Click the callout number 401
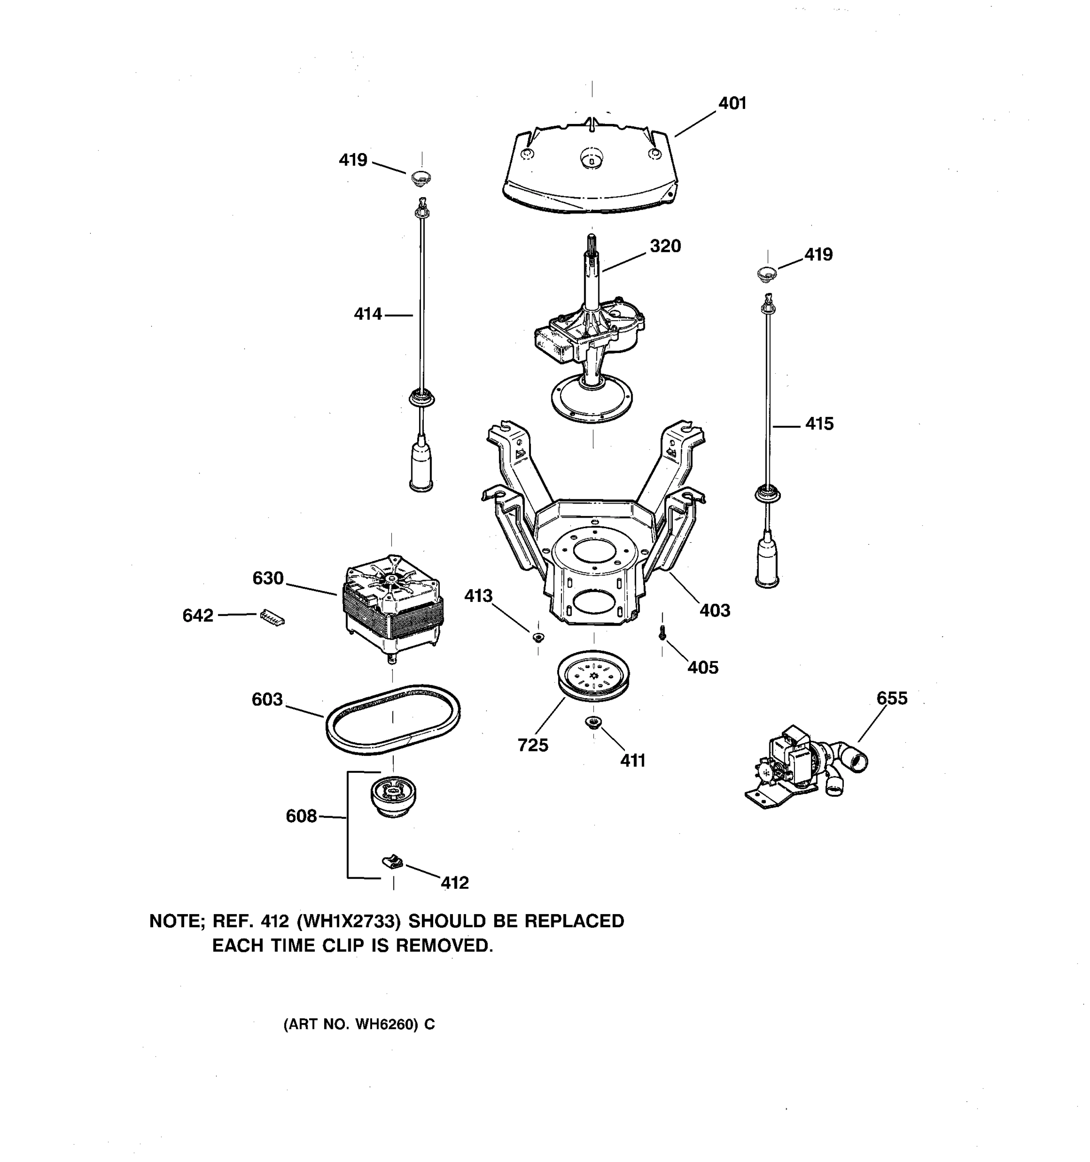pyautogui.click(x=732, y=104)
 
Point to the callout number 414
pyautogui.click(x=368, y=314)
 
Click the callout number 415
pyautogui.click(x=819, y=424)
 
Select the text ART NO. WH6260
pyautogui.click(x=350, y=1024)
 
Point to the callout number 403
pyautogui.click(x=715, y=611)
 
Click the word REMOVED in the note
pyautogui.click(x=444, y=946)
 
